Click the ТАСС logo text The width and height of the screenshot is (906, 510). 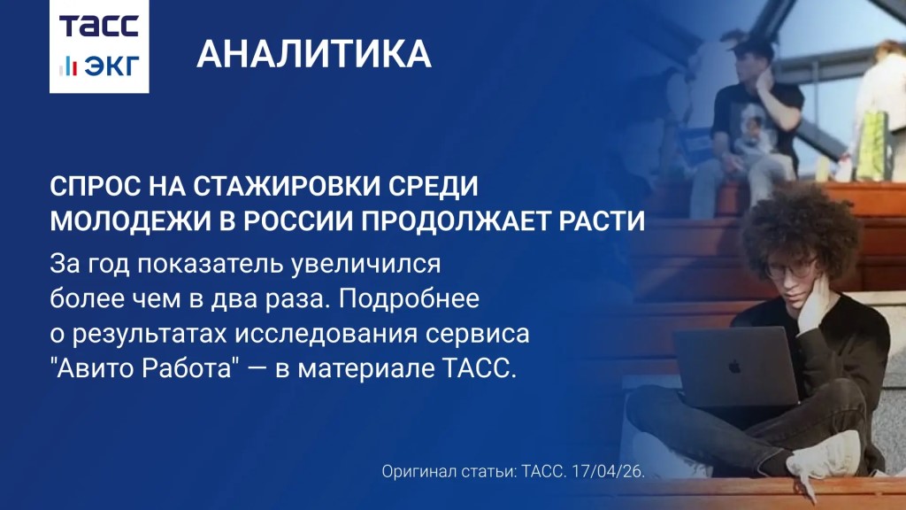(99, 26)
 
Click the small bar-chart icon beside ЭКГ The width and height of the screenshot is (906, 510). (67, 66)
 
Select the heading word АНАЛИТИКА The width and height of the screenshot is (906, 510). (314, 54)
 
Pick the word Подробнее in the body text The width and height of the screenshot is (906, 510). (409, 298)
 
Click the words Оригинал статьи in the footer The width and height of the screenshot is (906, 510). (449, 471)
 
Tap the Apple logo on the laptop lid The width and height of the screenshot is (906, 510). (735, 366)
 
